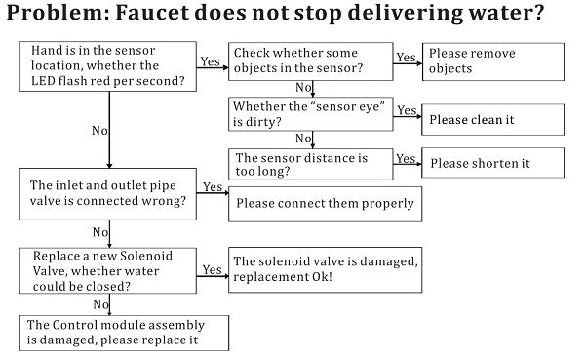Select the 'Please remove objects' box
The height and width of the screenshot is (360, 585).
(493, 61)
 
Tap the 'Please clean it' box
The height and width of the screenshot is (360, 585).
(493, 119)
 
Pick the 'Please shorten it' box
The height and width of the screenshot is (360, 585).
(493, 162)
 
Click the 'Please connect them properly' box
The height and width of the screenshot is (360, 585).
(325, 204)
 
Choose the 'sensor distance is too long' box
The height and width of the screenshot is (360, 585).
(309, 164)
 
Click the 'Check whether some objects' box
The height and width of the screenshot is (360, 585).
(309, 61)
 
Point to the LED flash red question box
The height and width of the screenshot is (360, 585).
(107, 65)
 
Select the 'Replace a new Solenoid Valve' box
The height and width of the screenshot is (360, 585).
(107, 270)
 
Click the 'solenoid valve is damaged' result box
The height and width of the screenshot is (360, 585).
(325, 269)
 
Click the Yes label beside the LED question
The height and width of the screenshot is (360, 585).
(211, 61)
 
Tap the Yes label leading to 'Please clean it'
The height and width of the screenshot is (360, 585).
(407, 111)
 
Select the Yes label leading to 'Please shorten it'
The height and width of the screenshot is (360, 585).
(407, 158)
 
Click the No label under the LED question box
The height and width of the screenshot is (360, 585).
(98, 130)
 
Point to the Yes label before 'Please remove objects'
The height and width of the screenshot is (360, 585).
(407, 58)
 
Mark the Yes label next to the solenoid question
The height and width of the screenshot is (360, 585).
(212, 269)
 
